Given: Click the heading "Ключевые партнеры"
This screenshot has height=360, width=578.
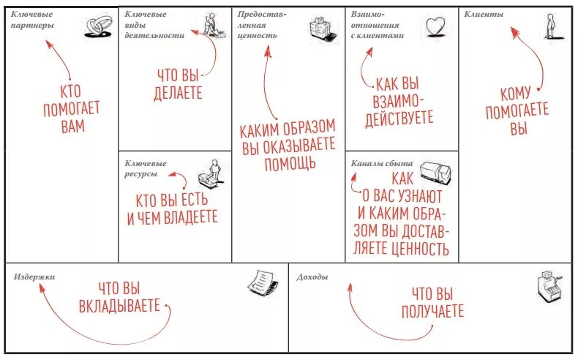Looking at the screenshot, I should click(32, 20).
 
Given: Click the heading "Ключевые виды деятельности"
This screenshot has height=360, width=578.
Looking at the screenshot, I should click(154, 25).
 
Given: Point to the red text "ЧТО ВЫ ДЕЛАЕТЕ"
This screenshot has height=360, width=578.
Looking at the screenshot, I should click(179, 83).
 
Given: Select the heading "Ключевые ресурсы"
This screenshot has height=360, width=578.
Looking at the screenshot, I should click(146, 168).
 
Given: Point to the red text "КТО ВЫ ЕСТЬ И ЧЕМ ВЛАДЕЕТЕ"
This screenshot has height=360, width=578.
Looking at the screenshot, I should click(173, 209).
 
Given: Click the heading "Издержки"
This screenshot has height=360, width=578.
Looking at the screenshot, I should click(34, 277).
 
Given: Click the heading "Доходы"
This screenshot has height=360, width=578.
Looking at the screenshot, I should click(312, 277).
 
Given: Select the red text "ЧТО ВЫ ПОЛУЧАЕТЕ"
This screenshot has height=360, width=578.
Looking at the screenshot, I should click(432, 303).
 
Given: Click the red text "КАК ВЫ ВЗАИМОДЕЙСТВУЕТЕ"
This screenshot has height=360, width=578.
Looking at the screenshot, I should click(402, 101).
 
